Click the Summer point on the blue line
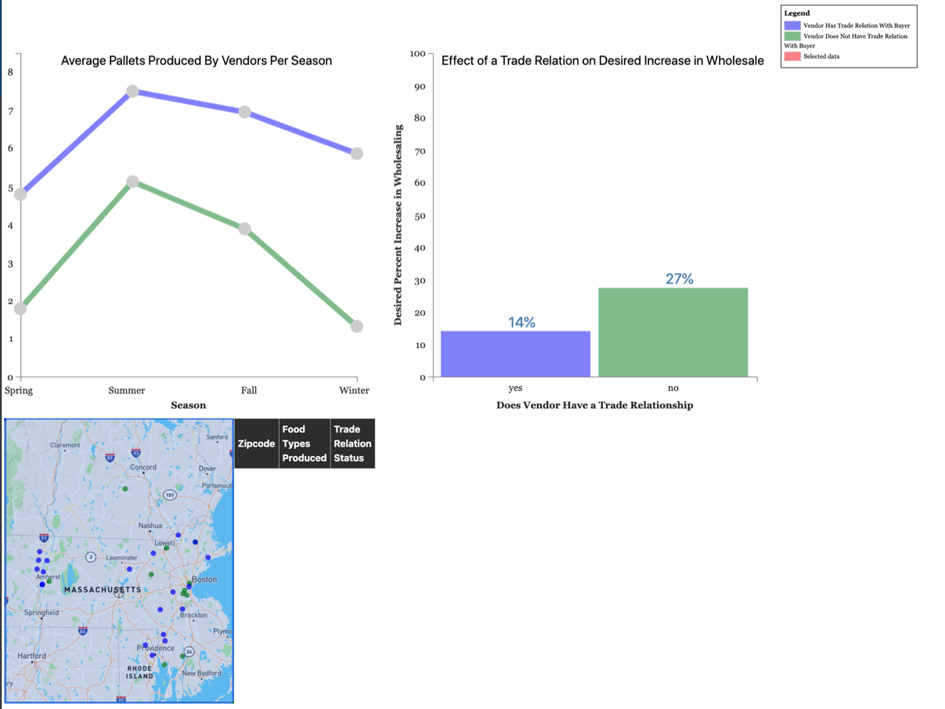point(132,92)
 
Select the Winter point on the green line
point(356,326)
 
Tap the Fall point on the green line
point(244,229)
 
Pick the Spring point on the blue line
point(20,194)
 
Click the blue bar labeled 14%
point(515,353)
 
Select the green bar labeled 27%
point(673,332)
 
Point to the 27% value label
point(679,279)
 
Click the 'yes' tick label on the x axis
point(515,388)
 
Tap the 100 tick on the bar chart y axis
point(417,53)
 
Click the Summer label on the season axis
point(126,390)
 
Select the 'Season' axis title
point(188,405)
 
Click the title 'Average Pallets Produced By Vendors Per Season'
point(197,60)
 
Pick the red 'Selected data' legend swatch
point(792,56)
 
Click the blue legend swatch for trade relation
point(792,26)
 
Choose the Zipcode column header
point(256,443)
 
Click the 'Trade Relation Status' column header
point(352,443)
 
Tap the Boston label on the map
point(204,579)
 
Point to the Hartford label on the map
point(31,656)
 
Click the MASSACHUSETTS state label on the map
point(103,589)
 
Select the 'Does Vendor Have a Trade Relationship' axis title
point(594,405)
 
